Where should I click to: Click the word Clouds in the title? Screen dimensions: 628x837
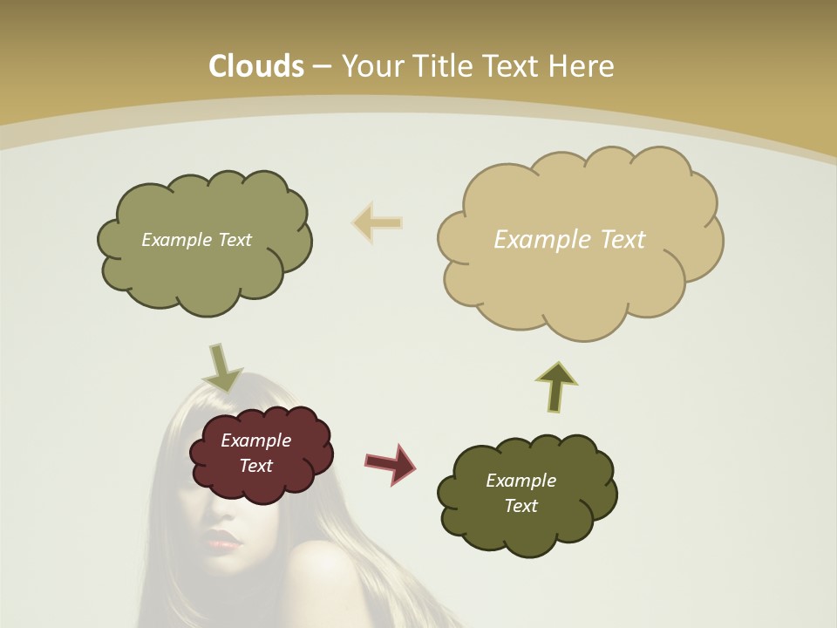pos(256,66)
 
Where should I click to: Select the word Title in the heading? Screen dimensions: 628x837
pos(446,66)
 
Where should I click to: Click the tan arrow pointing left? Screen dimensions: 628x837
pos(377,222)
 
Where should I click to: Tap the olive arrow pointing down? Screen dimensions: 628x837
pos(221,367)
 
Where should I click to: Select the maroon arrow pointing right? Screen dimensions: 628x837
pos(390,463)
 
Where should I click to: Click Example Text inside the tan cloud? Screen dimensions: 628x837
pos(569,240)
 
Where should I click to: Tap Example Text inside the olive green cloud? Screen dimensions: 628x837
pos(196,240)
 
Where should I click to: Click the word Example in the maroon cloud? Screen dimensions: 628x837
pos(255,440)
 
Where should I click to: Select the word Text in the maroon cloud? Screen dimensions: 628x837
pos(255,466)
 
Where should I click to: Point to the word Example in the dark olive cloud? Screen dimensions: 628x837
pos(521,481)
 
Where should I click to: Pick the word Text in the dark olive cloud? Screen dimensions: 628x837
pos(521,506)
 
